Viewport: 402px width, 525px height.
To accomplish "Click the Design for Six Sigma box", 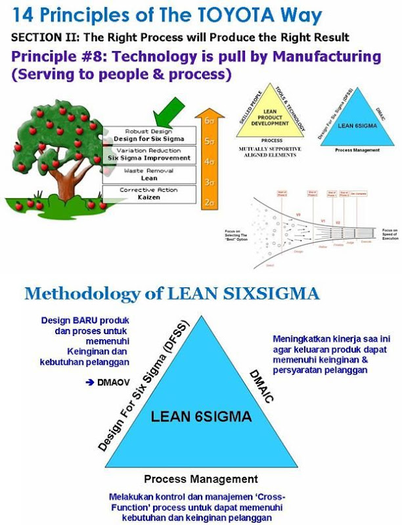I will [150, 136].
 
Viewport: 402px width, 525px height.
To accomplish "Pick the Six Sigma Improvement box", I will [150, 155].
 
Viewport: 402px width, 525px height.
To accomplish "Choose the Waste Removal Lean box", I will [150, 175].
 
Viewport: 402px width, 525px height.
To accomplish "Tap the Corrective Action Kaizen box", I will [150, 194].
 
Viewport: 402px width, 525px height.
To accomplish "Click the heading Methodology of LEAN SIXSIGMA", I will [171, 293].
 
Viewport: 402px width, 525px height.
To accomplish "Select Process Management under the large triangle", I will [200, 480].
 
